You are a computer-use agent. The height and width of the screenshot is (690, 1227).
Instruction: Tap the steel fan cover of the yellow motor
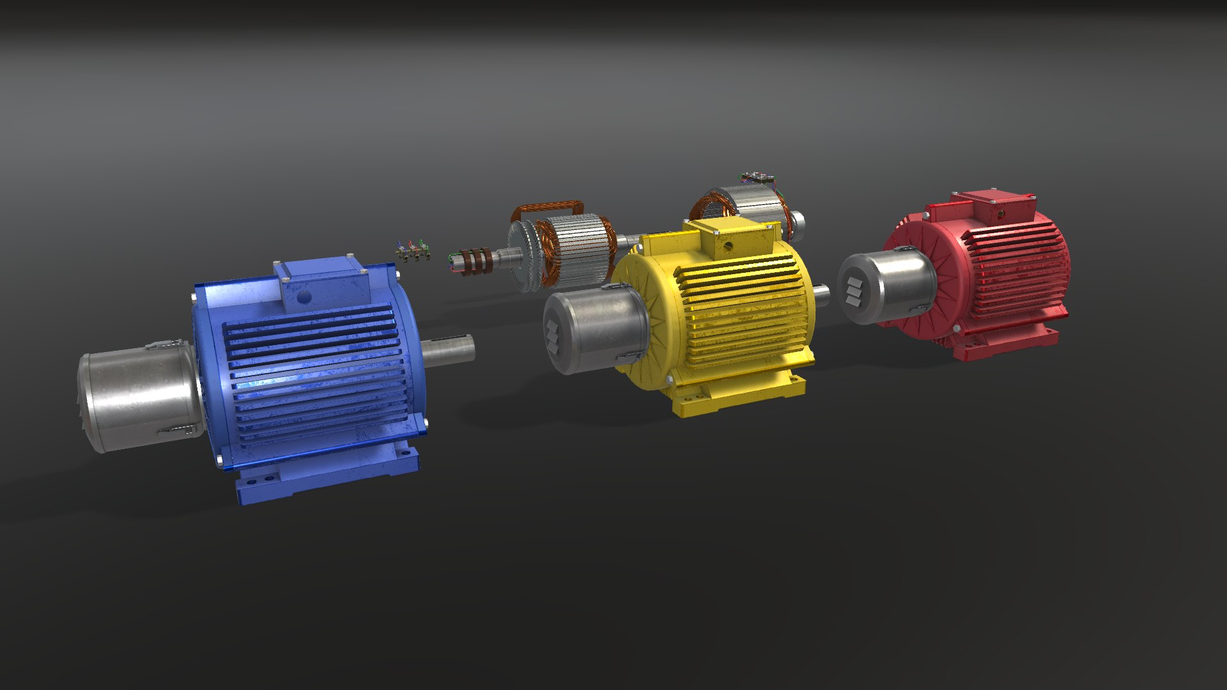pos(594,329)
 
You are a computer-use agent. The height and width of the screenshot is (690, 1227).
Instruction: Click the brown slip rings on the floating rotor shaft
pos(478,261)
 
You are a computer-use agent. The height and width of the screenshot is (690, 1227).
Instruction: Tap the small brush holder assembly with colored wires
pos(412,251)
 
